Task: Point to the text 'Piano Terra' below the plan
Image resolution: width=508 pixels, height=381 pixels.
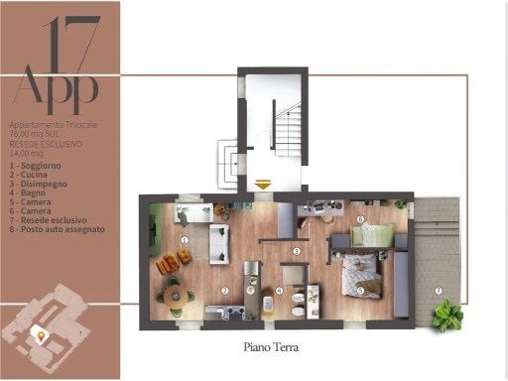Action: click(x=271, y=348)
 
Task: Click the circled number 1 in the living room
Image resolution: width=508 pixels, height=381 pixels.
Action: click(x=186, y=240)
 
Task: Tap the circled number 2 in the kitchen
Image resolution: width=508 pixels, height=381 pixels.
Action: click(x=225, y=291)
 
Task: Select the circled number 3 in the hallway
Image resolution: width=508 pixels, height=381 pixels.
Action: click(x=298, y=251)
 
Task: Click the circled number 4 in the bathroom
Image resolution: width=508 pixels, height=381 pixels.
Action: click(x=280, y=291)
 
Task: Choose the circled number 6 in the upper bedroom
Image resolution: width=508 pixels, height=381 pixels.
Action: click(x=361, y=219)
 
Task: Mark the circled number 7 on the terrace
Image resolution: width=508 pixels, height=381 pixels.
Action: click(x=438, y=291)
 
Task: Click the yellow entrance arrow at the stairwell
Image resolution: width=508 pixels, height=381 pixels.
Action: click(x=263, y=185)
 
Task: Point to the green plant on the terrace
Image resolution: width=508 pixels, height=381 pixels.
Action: click(x=446, y=317)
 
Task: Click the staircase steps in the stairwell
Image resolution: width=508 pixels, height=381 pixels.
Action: click(x=288, y=129)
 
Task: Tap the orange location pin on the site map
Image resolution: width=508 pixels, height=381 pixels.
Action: click(x=42, y=336)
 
